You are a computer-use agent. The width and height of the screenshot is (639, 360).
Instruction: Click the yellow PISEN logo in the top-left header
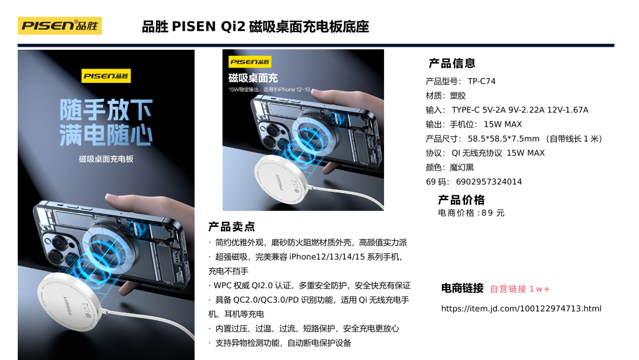click(60, 25)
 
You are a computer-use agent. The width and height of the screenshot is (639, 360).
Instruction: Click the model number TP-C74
click(481, 81)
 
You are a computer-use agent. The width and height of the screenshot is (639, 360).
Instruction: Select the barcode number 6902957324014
click(489, 182)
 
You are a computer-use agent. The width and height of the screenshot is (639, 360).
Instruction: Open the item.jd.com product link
click(521, 308)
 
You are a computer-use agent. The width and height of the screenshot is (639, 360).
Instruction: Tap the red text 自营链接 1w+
click(520, 289)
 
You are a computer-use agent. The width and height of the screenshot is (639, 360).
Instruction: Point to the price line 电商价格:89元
click(471, 213)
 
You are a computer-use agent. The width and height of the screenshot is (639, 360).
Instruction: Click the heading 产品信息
click(452, 63)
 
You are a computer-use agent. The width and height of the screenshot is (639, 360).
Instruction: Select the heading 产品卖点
click(231, 227)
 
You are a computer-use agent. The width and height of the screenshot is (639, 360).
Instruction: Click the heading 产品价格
click(461, 200)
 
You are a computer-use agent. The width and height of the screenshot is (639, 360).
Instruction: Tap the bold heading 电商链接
click(462, 288)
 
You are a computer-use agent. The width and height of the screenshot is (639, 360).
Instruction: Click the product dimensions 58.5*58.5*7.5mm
click(504, 139)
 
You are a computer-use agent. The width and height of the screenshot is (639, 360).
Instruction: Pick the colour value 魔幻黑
click(461, 168)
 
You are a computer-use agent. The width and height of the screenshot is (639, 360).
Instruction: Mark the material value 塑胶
click(457, 96)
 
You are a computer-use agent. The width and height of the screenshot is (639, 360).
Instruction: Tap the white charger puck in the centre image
click(281, 179)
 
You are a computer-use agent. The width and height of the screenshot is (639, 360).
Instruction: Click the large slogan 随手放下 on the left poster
click(106, 110)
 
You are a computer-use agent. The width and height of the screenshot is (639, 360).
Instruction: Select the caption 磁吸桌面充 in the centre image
click(253, 78)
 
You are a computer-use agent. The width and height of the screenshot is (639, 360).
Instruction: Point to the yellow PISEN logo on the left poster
click(106, 76)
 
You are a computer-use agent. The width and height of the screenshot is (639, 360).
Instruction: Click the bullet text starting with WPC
click(312, 285)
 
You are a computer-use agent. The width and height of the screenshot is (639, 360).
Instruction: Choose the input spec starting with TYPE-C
click(520, 110)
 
